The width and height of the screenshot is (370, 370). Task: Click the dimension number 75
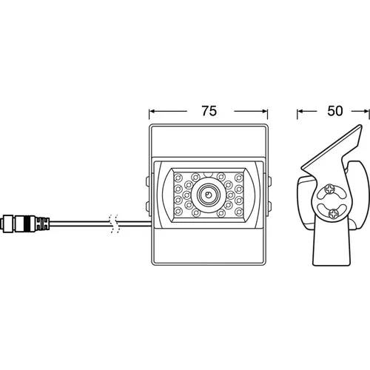209,111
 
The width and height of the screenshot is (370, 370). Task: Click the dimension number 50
335,111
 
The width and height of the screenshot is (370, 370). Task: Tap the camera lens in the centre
208,195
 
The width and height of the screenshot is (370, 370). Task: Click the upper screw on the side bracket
329,189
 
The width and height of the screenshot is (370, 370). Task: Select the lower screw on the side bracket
333,213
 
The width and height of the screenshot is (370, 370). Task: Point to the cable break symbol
115,223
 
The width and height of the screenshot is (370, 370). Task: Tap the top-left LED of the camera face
178,177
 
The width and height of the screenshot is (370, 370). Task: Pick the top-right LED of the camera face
239,177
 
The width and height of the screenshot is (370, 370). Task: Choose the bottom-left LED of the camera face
178,212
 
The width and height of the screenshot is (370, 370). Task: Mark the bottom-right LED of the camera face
239,212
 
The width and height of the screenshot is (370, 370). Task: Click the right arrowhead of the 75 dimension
265,111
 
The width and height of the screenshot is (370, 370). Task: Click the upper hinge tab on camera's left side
147,181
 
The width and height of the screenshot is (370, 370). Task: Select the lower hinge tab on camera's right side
269,206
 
